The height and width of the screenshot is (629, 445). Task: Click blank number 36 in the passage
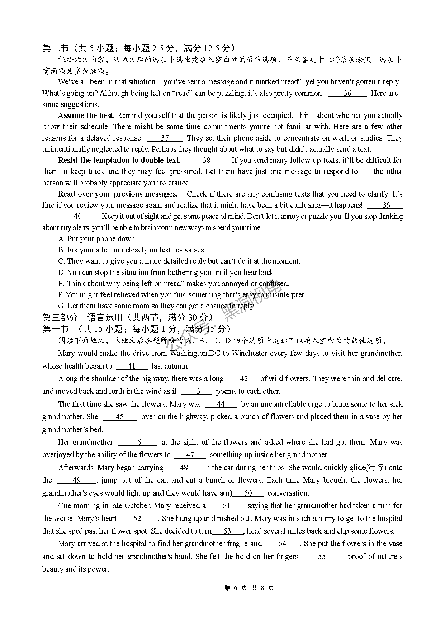347,94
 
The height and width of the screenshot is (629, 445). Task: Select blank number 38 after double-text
206,161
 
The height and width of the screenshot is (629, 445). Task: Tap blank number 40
77,217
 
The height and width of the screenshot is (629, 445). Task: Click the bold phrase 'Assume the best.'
86,116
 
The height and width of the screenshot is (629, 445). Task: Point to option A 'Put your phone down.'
98,239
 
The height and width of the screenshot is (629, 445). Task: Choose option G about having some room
157,306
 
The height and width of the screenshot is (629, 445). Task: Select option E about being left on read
174,284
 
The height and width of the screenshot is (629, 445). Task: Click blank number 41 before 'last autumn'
132,366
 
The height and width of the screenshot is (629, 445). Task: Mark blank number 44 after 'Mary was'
221,405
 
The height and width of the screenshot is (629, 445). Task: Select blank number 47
190,455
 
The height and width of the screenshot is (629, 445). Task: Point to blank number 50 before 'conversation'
248,493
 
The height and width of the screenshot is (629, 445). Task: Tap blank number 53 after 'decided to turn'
227,531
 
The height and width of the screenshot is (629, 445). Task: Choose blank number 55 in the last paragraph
322,557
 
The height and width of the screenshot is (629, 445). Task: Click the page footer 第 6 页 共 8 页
249,588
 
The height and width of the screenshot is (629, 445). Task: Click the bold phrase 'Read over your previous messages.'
118,194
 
